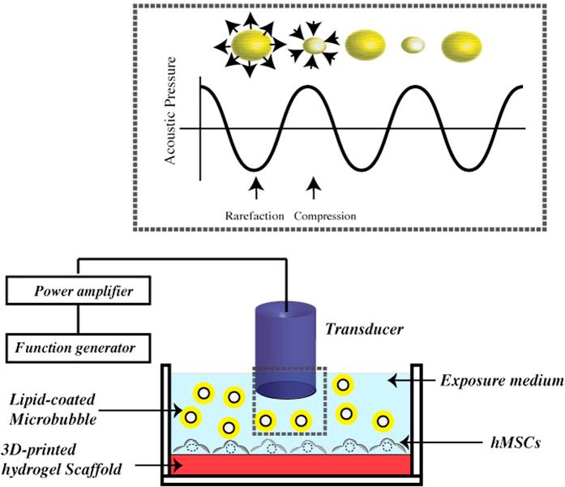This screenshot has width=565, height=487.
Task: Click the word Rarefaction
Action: (x=254, y=216)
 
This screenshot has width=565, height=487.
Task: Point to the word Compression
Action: (x=324, y=216)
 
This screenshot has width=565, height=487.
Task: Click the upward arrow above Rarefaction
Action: (x=255, y=189)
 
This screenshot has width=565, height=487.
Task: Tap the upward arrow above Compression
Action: (x=313, y=189)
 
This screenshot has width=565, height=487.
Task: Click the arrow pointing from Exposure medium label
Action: (x=410, y=379)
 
